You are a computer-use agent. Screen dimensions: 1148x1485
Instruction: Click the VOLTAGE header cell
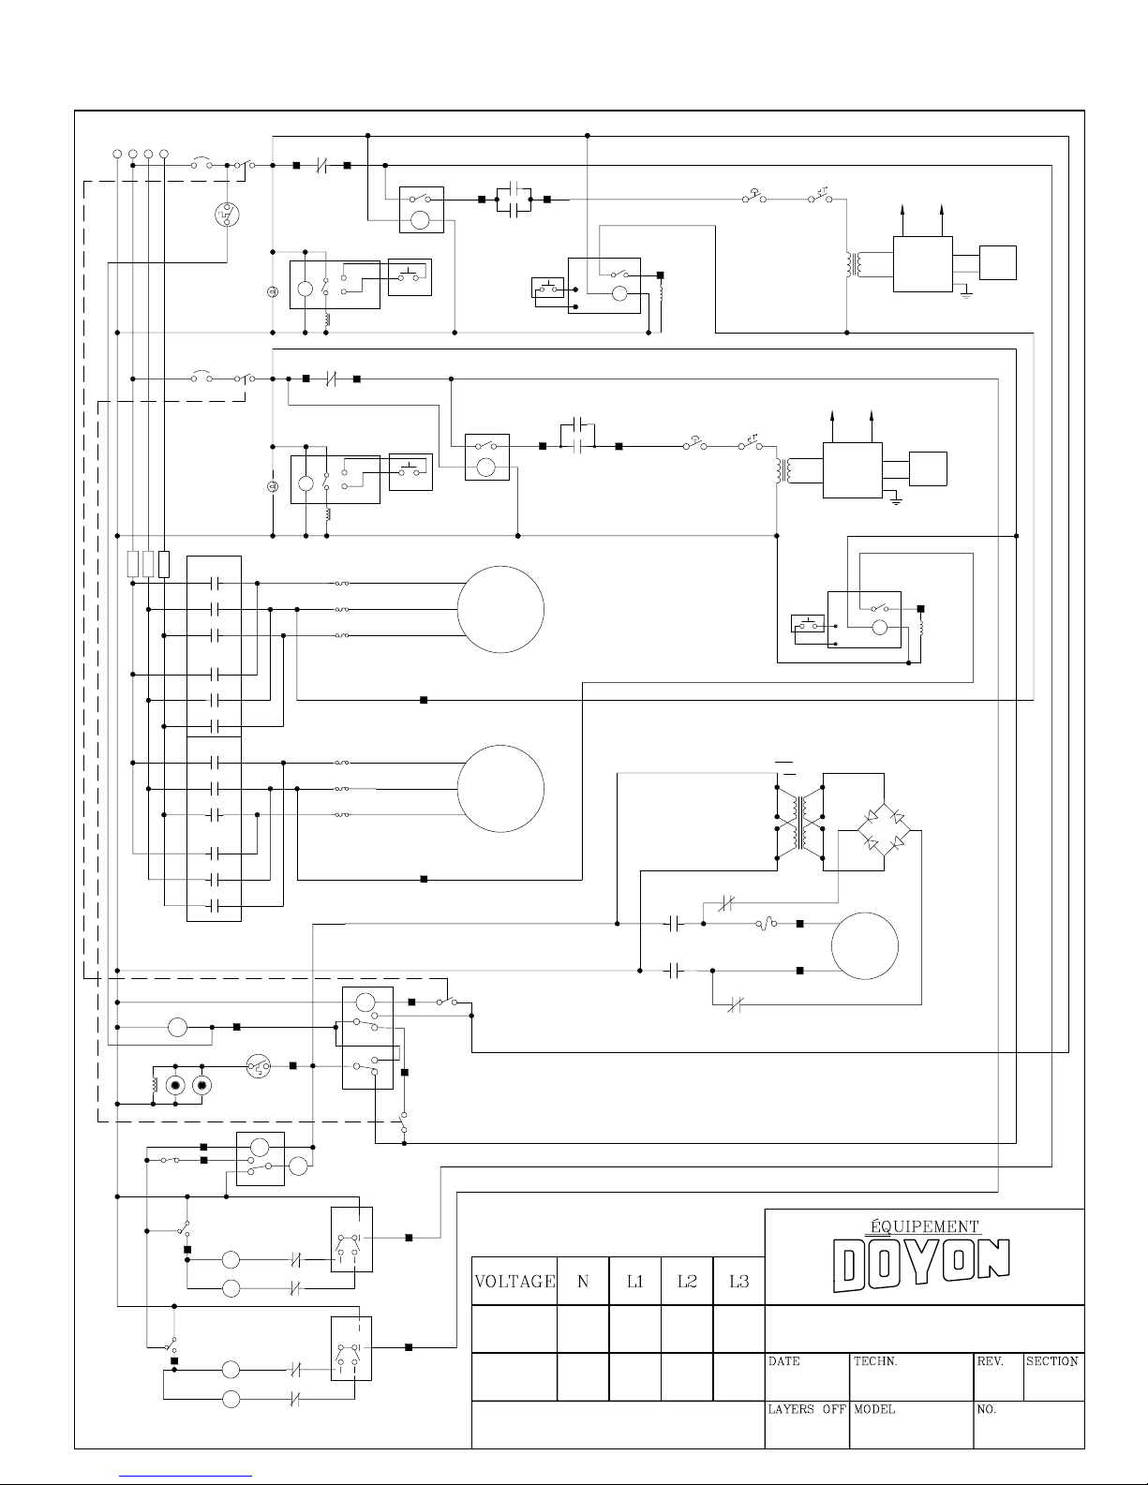coord(514,1281)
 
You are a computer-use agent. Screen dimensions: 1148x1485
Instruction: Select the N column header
coord(583,1281)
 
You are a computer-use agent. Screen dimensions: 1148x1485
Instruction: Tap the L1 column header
coord(634,1281)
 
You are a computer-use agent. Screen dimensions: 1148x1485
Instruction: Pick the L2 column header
coord(687,1281)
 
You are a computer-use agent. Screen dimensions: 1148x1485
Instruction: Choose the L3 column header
coord(738,1281)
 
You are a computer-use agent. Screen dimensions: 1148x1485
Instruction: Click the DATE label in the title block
coord(784,1361)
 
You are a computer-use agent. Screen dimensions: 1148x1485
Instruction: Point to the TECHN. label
coord(875,1361)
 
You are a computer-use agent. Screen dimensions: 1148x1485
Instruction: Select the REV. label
coord(991,1361)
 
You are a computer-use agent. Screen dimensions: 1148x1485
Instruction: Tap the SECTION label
coord(1052,1361)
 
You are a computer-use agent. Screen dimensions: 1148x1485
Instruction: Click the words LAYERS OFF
coord(807,1409)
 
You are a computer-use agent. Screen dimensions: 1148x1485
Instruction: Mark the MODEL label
coord(874,1409)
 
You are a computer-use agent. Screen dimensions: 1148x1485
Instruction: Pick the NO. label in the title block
coord(987,1409)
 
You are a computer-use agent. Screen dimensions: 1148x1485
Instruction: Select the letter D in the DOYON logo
coord(851,1265)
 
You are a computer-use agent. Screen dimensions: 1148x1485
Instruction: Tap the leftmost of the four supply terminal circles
coord(117,153)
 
